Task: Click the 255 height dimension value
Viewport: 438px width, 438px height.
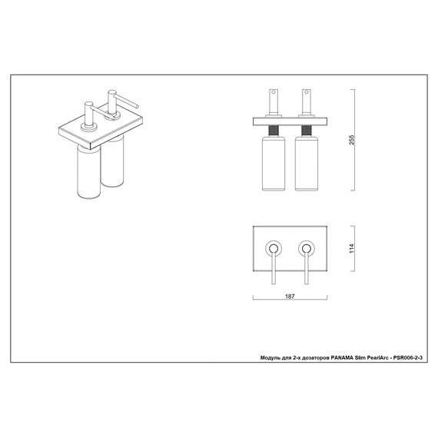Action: pos(352,140)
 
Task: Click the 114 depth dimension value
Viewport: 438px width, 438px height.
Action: pos(352,248)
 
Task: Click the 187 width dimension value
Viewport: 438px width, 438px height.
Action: pos(290,297)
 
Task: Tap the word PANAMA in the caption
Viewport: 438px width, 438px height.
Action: pos(342,357)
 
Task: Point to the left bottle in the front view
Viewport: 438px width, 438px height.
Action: pos(274,164)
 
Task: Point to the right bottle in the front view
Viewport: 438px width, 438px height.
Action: pos(307,164)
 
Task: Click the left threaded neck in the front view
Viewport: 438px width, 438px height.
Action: pos(274,131)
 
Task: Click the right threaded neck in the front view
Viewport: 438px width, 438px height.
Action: pos(307,131)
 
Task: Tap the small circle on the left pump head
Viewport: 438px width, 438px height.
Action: pos(274,92)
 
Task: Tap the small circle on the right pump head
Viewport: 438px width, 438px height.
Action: pos(307,92)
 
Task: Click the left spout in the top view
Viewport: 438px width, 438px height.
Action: pos(274,267)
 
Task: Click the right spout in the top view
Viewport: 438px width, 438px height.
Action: pos(307,267)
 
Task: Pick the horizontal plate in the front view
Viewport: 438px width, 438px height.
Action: pos(290,121)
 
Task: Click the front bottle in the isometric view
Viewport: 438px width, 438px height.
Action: pos(88,172)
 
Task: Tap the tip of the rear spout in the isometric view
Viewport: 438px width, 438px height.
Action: pos(138,106)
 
